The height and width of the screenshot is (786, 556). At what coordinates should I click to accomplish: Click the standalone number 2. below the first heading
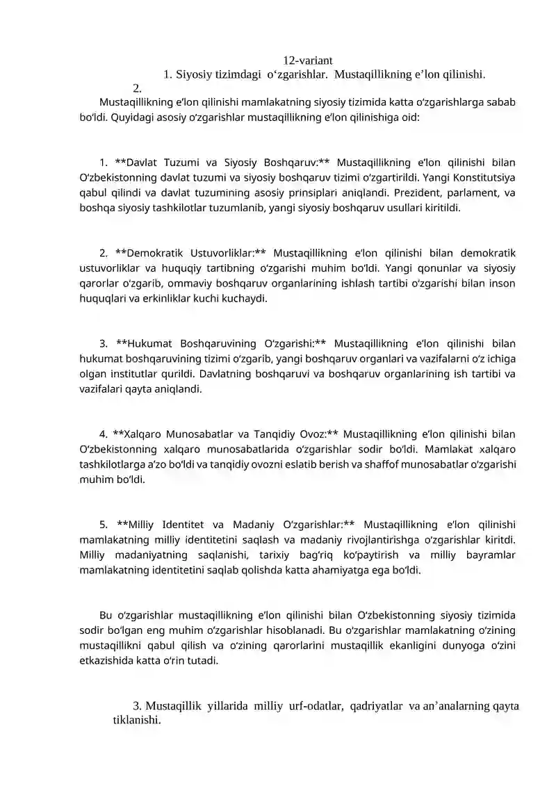[x=138, y=88]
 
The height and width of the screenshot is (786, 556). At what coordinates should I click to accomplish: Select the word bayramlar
[x=490, y=555]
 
